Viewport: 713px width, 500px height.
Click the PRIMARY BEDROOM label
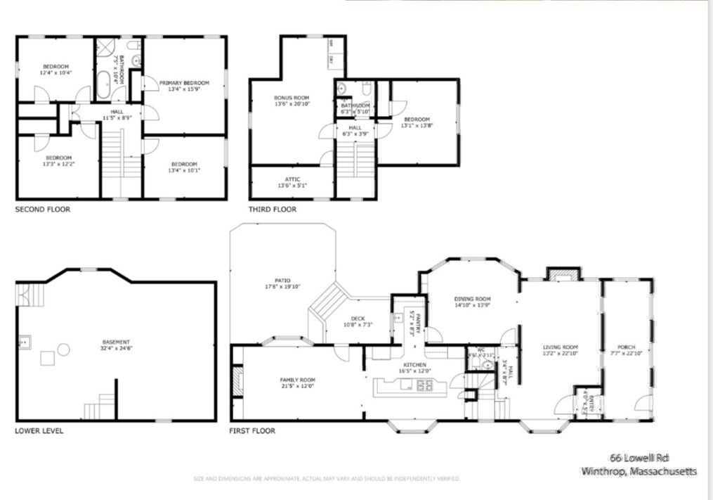click(x=184, y=82)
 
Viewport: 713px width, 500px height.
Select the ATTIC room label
click(x=292, y=179)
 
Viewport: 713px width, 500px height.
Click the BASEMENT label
click(x=116, y=342)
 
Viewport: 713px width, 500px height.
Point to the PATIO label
click(x=282, y=280)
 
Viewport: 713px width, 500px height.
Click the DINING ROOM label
click(x=472, y=299)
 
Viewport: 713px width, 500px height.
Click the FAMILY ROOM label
click(x=298, y=380)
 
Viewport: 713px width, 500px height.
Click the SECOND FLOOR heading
click(x=42, y=210)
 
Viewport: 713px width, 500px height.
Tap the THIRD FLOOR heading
click(x=272, y=210)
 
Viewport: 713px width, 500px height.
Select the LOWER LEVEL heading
click(x=39, y=430)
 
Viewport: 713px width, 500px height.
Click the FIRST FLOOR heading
click(x=252, y=430)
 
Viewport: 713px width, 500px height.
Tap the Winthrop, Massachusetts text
click(x=639, y=472)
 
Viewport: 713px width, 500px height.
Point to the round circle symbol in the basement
click(x=63, y=349)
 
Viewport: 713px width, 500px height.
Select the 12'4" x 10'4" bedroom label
click(x=56, y=69)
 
